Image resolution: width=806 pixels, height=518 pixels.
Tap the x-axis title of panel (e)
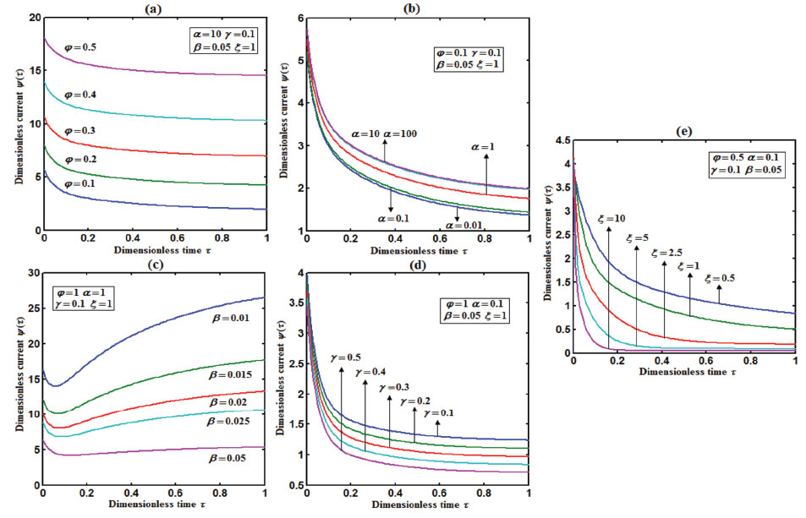pos(684,370)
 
